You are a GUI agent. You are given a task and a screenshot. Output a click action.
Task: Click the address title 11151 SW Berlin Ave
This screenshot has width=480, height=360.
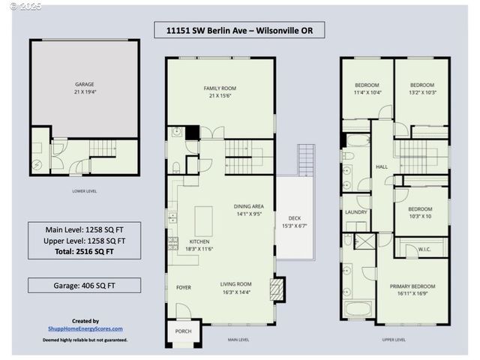239,31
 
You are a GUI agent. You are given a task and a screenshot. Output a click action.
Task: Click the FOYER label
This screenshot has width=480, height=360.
184,287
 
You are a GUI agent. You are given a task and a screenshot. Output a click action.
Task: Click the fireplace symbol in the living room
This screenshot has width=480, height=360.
277,289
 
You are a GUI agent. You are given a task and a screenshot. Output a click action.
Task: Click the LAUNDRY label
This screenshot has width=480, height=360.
355,212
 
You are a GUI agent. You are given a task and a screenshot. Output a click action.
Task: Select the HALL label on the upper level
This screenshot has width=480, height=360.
382,167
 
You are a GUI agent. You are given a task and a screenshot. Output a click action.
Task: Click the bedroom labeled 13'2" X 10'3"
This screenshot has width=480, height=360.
421,88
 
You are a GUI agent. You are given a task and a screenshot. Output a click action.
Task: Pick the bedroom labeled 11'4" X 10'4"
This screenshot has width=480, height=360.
367,88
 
